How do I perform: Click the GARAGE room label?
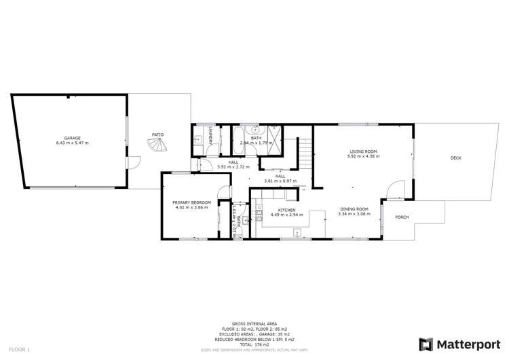point(73,138)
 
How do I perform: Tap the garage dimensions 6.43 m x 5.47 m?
point(73,143)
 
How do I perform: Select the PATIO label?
point(157,134)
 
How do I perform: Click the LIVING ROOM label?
point(363,151)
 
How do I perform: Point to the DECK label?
point(455,158)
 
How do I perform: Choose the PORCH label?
point(402,217)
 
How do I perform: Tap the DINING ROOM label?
point(353,209)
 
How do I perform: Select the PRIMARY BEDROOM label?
point(192,202)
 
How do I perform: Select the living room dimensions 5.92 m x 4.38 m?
point(363,156)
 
